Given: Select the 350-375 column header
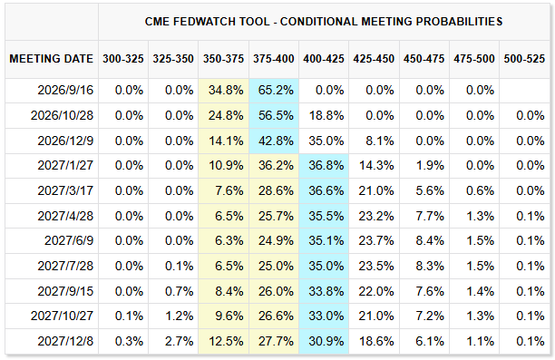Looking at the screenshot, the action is click(223, 59).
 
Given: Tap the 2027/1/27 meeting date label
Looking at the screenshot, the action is click(65, 165).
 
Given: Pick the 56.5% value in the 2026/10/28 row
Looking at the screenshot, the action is click(276, 115).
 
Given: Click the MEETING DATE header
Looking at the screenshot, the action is click(52, 59).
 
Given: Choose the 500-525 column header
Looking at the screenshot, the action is click(524, 59).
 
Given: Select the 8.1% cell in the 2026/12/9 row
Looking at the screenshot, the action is click(379, 141).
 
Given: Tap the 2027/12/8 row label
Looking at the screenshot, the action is click(65, 341).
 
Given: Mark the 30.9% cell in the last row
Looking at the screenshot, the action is click(326, 341).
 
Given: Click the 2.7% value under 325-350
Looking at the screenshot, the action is click(179, 341).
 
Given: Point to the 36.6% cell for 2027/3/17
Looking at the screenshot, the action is click(326, 190).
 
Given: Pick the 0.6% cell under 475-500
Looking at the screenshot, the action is click(480, 190).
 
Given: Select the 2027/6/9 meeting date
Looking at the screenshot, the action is click(69, 240).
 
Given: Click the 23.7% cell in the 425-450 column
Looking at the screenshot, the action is click(376, 240).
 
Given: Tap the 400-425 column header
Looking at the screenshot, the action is click(324, 59).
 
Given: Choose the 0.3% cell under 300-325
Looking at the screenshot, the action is click(129, 341).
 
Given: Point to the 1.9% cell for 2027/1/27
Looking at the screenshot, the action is click(430, 165).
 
